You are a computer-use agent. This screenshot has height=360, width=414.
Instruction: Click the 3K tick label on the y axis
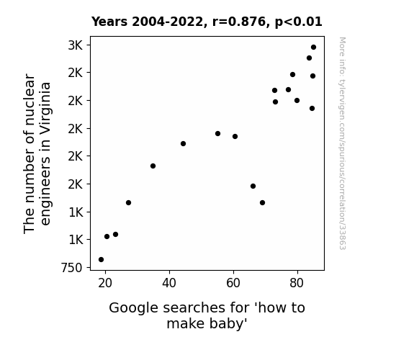point(76,45)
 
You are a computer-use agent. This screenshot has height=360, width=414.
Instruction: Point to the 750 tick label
point(72,268)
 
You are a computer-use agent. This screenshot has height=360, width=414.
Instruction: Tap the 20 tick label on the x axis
point(105,283)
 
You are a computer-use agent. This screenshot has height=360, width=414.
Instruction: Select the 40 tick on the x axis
point(169,283)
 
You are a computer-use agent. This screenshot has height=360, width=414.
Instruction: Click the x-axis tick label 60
point(233,283)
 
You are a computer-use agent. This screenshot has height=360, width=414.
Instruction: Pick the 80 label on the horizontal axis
point(297,283)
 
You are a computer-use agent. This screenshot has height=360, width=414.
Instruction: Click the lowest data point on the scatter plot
point(101,260)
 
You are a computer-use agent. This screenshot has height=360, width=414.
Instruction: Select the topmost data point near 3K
point(314,48)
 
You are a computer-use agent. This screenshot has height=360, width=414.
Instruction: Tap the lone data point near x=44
point(183,144)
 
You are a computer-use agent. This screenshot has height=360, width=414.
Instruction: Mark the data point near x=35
point(153,166)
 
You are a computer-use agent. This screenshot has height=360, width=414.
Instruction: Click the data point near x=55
point(218,134)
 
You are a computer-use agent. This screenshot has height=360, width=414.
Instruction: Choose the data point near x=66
point(253,186)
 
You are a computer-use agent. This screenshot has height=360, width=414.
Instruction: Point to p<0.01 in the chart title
point(299,22)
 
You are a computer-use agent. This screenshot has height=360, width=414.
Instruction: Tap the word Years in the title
point(109,22)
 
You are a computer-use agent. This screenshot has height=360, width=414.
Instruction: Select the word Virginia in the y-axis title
point(45,105)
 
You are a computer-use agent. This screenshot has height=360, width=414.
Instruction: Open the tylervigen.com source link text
point(342,143)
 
